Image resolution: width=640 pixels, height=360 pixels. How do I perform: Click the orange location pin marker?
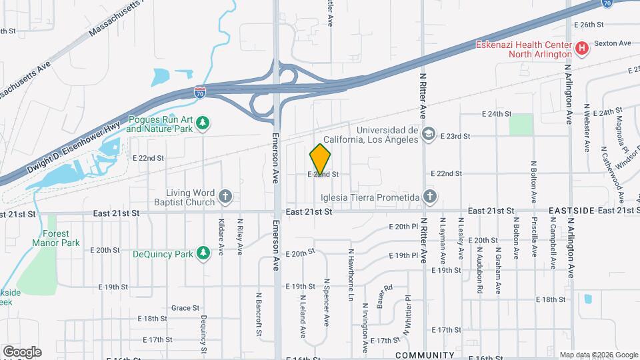coord(320,159)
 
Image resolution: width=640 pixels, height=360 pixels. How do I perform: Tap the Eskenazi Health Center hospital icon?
coord(582,48)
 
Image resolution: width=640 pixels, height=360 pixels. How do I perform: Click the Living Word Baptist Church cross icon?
coord(225,196)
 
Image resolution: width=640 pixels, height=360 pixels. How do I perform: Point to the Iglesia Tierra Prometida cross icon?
coord(430,197)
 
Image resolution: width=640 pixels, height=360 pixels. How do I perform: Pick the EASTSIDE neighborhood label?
coord(571,211)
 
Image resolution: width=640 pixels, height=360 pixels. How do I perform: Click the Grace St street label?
coord(185,308)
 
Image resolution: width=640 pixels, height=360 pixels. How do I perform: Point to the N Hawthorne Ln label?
coord(350,275)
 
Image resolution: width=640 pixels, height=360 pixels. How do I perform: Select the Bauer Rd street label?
coord(383,296)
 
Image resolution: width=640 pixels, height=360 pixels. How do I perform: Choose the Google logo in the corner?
coord(22,351)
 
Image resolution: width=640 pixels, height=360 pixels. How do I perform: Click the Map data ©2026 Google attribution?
coord(598,355)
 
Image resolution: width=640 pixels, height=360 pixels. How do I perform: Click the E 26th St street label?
coord(588,24)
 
